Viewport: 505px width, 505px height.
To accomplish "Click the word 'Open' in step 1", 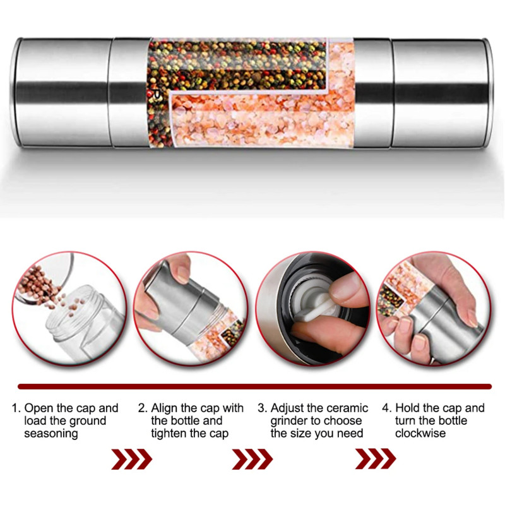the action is click(39, 408).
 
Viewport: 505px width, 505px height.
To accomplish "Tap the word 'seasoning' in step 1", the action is click(51, 434).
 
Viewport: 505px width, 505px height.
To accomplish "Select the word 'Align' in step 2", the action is click(164, 408).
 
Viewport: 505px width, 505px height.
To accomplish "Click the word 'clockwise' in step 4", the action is click(420, 433).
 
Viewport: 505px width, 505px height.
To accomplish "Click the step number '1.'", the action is click(16, 408).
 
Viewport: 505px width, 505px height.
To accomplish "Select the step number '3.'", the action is click(263, 408).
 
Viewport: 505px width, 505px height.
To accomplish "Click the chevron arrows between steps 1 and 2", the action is click(132, 459).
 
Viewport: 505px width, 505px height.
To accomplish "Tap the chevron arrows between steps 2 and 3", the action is click(252, 459).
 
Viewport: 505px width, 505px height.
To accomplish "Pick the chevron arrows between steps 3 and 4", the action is click(376, 459).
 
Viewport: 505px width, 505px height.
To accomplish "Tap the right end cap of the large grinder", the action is click(442, 93).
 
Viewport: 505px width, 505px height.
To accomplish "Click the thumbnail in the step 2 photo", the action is click(183, 275).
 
